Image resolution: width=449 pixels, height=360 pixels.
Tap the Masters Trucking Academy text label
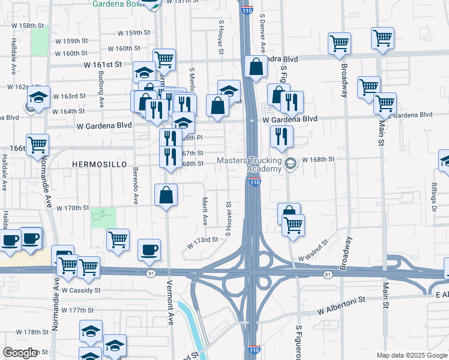[249, 164]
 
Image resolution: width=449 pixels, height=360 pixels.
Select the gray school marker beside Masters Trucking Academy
[291, 164]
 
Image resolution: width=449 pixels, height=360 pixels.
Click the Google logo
[20, 353]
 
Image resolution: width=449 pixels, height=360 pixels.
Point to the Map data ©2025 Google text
[411, 355]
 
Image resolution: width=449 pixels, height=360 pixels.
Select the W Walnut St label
[314, 251]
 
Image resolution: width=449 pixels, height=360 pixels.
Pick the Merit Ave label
[205, 211]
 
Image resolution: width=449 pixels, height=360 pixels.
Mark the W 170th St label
[72, 208]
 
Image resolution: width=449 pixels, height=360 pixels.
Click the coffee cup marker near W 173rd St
[149, 250]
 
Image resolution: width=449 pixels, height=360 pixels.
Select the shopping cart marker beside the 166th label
[37, 145]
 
